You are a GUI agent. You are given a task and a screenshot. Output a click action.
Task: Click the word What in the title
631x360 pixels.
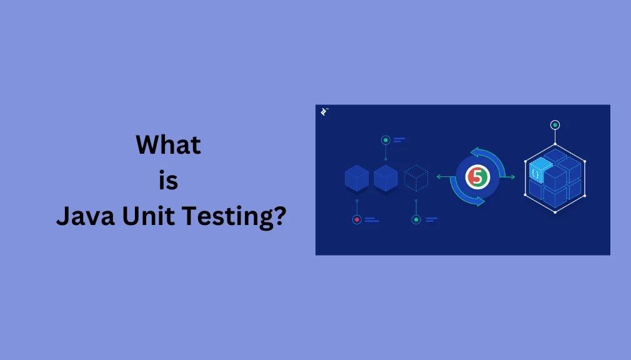169,146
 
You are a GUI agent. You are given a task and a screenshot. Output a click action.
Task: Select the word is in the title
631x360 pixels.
169,181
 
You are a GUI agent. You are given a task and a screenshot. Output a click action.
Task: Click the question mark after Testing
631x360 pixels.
279,217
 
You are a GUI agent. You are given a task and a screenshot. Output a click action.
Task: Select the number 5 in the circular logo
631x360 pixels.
478,178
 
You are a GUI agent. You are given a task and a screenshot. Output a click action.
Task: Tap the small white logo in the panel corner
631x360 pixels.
324,112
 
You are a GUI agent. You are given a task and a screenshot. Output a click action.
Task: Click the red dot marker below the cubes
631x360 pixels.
357,219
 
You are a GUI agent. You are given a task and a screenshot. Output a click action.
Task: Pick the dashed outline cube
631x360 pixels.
415,178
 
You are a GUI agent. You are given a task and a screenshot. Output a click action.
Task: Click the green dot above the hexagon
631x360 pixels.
555,125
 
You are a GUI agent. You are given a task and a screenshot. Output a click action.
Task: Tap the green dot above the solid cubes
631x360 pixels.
385,139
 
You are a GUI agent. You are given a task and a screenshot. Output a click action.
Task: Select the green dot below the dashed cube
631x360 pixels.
415,219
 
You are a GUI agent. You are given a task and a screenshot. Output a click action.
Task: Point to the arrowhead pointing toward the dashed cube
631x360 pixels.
439,177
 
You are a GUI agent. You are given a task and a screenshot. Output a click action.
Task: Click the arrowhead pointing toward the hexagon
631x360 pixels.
513,177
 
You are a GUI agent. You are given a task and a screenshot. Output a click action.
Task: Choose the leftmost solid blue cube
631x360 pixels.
357,178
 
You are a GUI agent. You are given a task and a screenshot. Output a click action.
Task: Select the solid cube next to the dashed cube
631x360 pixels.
385,178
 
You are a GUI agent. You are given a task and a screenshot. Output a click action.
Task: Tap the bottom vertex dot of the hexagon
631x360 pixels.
555,212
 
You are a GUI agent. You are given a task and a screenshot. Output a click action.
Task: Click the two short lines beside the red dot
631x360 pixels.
372,219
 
